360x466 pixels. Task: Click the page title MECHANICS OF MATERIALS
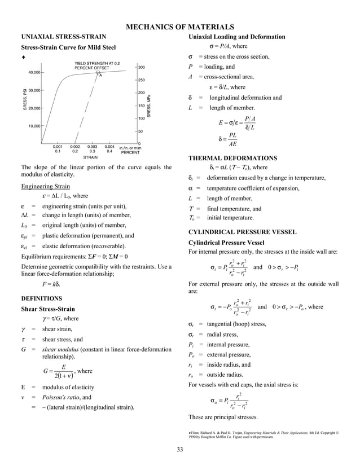point(179,27)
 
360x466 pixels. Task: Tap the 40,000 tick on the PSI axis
point(32,72)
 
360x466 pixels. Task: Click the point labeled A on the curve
point(98,73)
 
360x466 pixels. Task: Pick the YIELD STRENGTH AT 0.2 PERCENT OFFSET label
point(96,65)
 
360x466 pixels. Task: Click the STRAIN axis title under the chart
point(90,158)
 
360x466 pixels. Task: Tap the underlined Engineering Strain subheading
point(45,186)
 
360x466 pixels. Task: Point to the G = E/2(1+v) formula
point(58,372)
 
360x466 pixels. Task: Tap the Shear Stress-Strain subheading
point(48,309)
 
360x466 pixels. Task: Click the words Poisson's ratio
point(61,397)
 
